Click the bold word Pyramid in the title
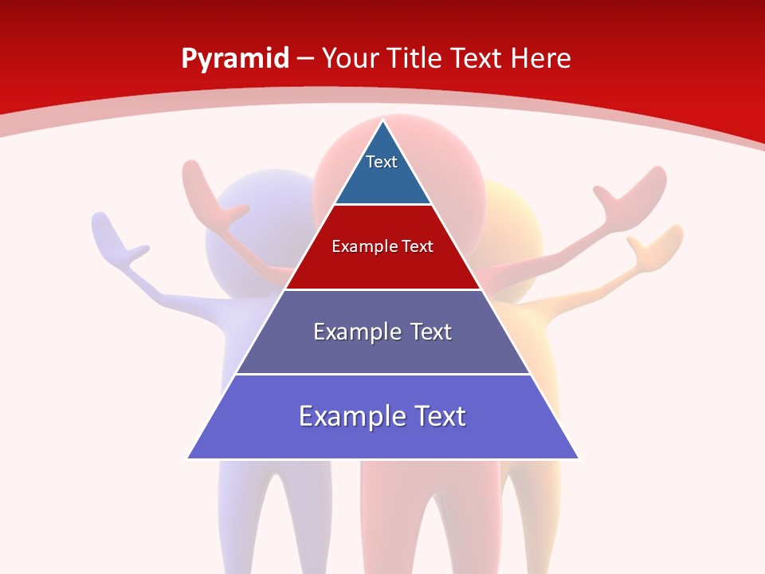click(x=235, y=59)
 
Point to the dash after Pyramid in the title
click(x=305, y=59)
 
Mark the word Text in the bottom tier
click(x=437, y=416)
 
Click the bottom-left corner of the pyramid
click(x=189, y=458)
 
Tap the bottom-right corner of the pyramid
click(x=578, y=458)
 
